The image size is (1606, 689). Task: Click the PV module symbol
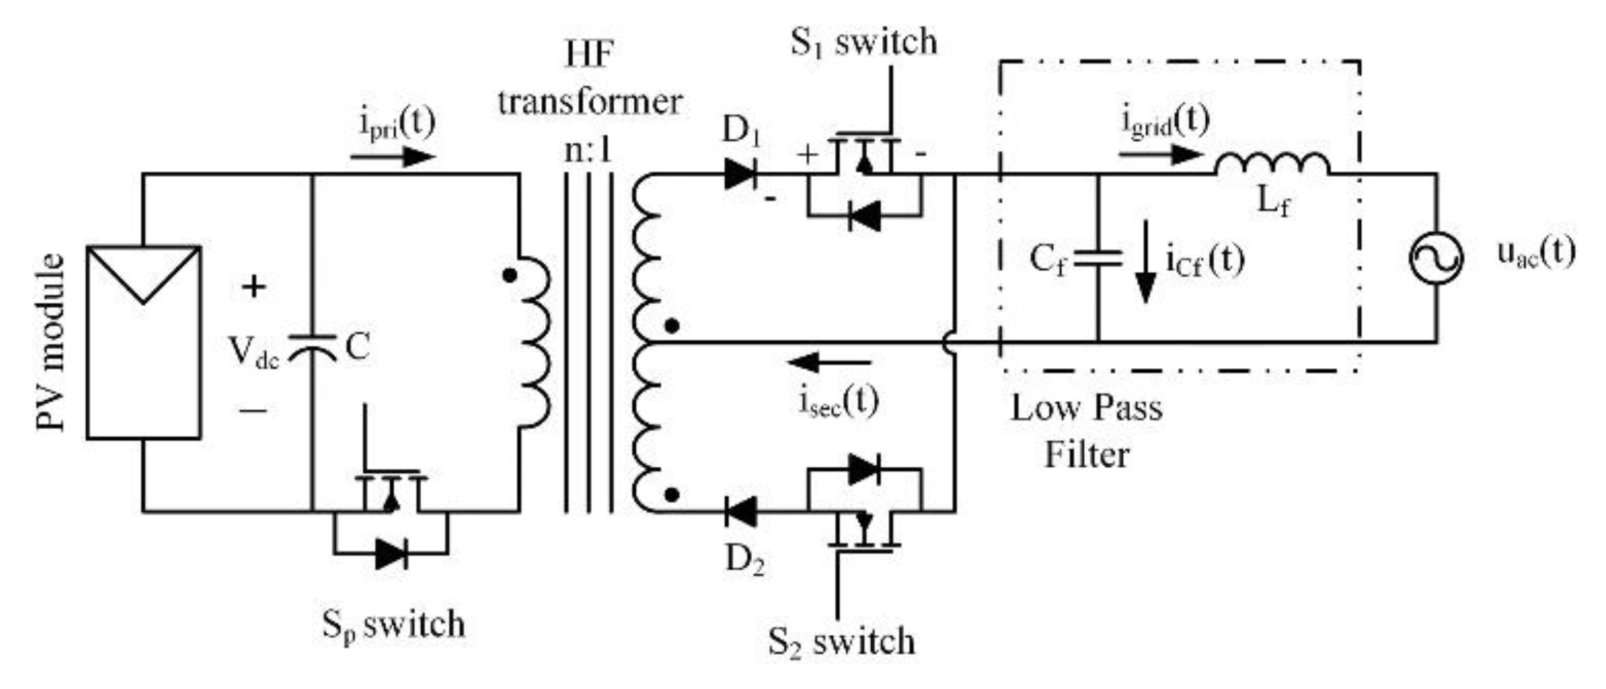[x=143, y=342]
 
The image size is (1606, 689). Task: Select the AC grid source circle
[x=1436, y=258]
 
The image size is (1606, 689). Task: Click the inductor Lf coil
[x=1272, y=164]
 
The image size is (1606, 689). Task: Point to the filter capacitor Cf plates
[x=1098, y=258]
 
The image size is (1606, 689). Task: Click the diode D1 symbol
[x=741, y=174]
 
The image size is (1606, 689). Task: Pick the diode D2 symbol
[x=741, y=512]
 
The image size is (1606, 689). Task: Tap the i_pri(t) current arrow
[x=392, y=157]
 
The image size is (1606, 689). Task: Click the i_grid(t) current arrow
[x=1160, y=155]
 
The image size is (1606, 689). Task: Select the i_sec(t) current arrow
[x=830, y=363]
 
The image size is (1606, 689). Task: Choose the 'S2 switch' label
[x=841, y=641]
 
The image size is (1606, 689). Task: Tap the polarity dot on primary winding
[x=510, y=275]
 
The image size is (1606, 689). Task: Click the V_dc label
[x=254, y=352]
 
